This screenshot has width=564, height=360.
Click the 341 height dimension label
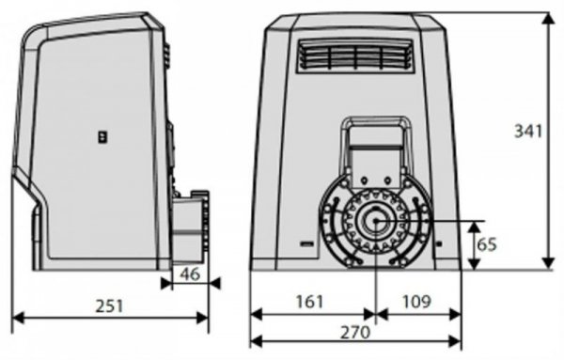coord(527,131)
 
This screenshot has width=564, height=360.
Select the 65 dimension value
coord(486,244)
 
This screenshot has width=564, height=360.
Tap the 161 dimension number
coord(309,302)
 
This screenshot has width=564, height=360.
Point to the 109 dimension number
coord(416,302)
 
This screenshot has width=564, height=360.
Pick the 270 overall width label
coord(355,333)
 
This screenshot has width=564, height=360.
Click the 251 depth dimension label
coord(109,306)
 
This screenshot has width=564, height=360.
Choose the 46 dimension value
coord(190,274)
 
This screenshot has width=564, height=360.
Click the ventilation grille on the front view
coord(355,55)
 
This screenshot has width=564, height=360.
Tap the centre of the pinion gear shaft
coord(375,221)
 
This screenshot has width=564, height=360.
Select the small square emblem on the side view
coord(103,136)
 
